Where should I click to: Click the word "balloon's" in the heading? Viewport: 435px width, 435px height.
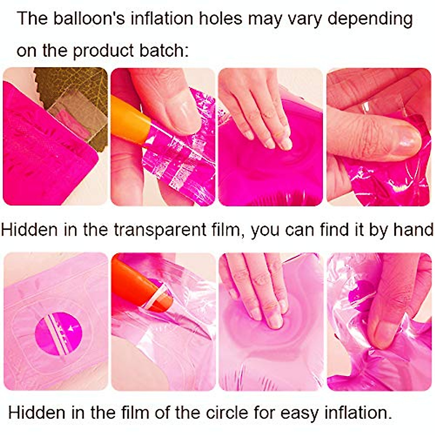pos(89,18)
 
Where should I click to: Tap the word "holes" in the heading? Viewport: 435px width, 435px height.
pos(220,18)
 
